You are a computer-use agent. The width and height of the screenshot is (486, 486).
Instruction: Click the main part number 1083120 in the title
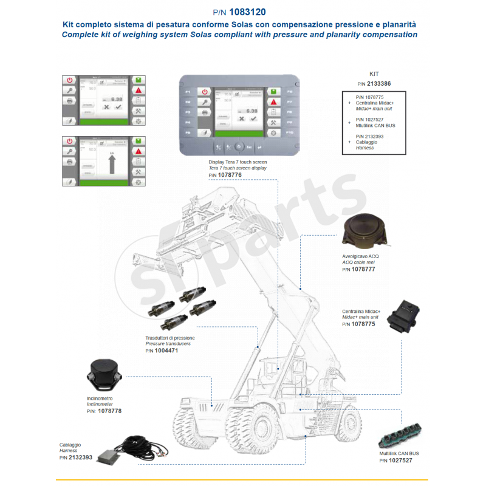click(247, 12)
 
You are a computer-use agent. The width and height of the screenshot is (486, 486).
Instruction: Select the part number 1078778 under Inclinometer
click(109, 411)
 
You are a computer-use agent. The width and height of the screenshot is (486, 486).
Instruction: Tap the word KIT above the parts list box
click(374, 73)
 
